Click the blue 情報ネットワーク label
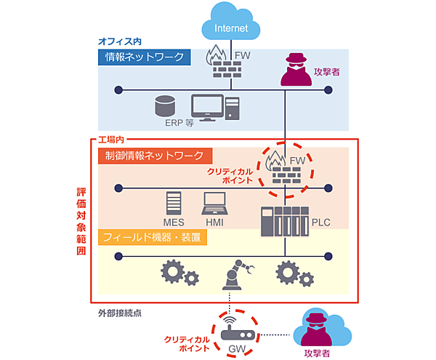click(146, 57)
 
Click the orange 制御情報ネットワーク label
click(155, 156)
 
